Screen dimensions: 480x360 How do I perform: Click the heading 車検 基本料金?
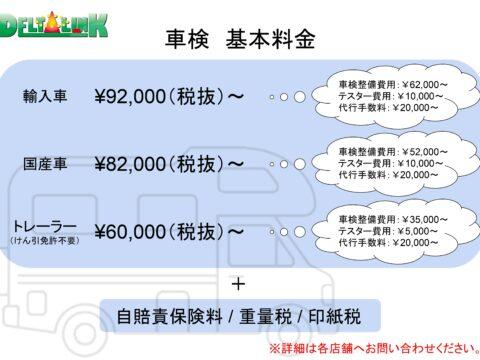point(240,40)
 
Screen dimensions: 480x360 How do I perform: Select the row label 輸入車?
point(46,97)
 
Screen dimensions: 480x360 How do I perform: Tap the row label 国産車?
point(46,164)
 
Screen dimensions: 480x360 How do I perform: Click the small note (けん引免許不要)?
point(45,241)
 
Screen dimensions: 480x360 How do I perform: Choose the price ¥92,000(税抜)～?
point(170,97)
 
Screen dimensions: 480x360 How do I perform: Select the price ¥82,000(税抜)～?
point(170,163)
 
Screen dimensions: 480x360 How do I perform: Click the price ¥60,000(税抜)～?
point(170,232)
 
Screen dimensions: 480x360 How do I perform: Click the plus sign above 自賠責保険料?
point(238,284)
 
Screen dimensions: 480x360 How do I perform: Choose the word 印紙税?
point(330,317)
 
